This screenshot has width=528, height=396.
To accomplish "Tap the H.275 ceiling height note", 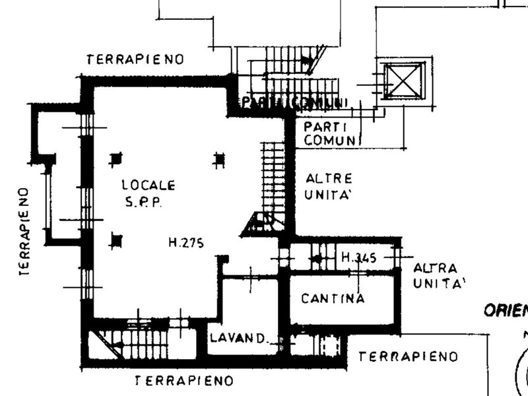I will (185, 243).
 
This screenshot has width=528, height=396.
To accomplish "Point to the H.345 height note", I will (358, 258).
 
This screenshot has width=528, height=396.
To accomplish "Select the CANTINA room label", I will (333, 298).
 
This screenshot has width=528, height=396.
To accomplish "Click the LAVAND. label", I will (238, 339).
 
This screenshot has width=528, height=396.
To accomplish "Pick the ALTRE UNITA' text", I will (329, 187).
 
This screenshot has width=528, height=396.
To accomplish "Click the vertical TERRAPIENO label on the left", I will (23, 231).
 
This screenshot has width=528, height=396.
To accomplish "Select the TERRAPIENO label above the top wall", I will (135, 59).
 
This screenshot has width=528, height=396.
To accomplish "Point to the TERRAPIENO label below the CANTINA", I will (408, 357).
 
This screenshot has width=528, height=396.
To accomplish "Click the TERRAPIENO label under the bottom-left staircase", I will (183, 381).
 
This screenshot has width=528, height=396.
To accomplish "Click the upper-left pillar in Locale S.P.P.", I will (116, 158).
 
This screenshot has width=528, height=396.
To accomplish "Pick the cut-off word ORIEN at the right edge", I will (506, 311).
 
